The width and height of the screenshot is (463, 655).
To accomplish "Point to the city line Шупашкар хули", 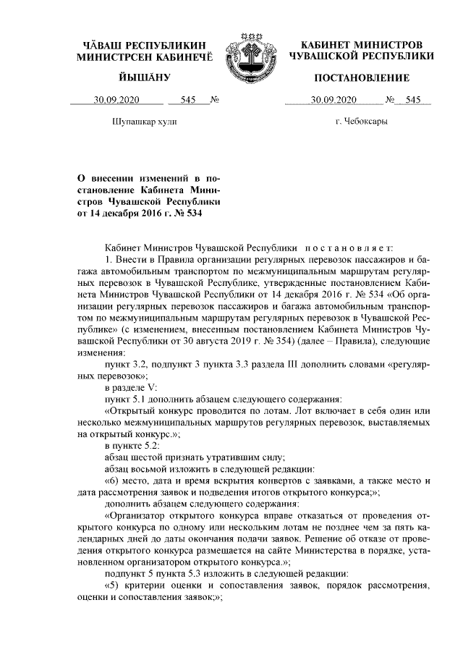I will pyautogui.click(x=144, y=122).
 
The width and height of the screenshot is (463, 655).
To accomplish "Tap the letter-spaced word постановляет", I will pyautogui.click(x=349, y=246).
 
